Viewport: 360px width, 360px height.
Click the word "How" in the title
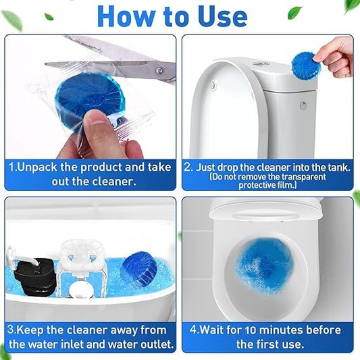coord(129,16)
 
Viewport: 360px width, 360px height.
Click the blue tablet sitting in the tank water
coord(138,269)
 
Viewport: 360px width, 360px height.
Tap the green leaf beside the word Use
coord(294,12)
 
